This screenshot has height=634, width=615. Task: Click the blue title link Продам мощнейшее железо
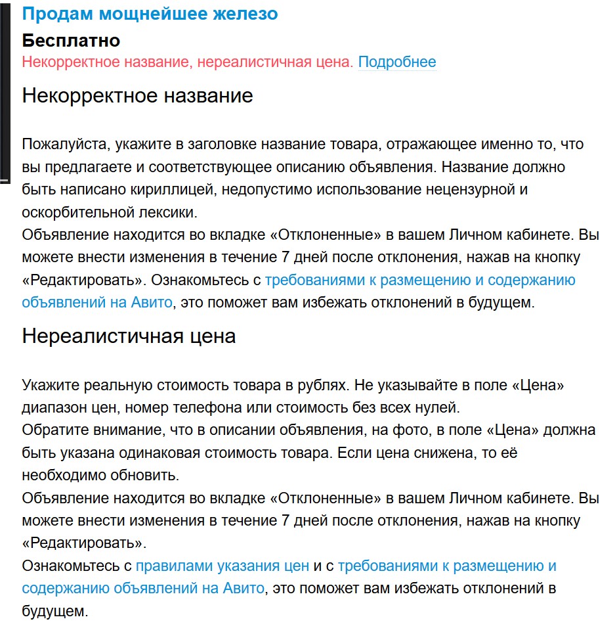coord(150,14)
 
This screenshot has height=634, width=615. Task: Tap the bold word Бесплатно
coord(71,41)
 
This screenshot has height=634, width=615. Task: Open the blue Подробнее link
coord(396,62)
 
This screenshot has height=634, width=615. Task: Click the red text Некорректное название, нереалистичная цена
coord(187,62)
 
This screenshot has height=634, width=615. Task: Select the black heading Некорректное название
coord(137,96)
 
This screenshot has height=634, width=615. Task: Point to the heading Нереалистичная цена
coord(129,336)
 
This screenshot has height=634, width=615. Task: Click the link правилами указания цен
coord(222,565)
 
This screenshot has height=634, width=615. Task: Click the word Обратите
coord(54,430)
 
